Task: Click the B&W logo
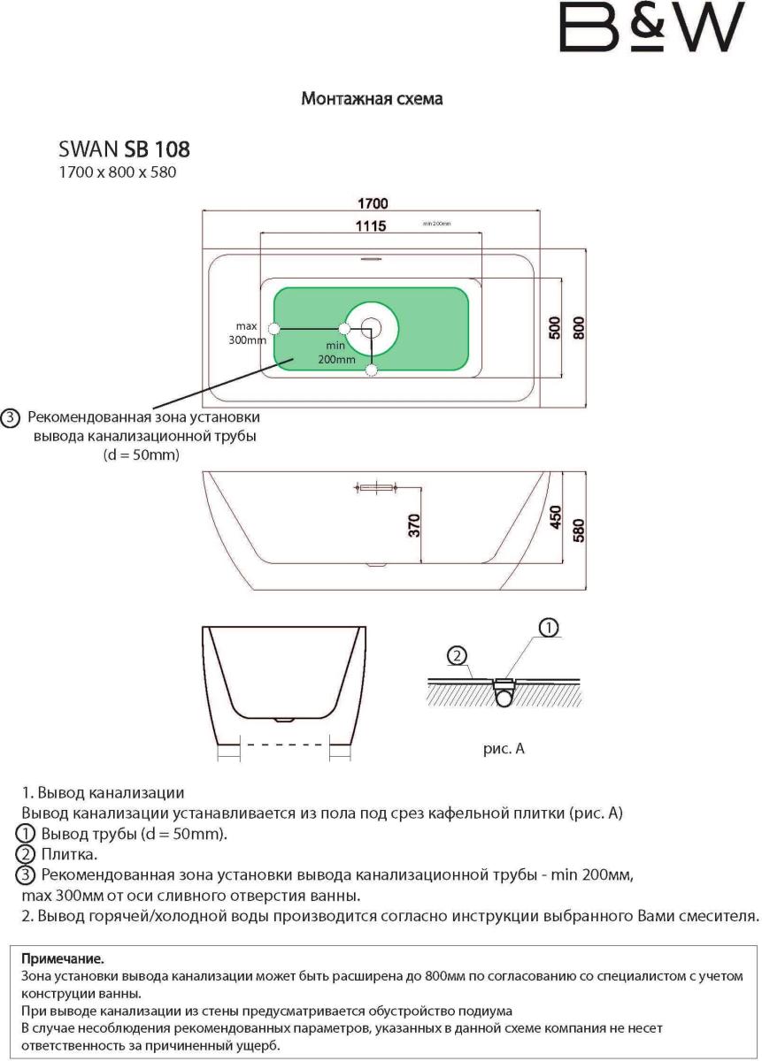tap(650, 27)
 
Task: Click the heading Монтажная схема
tap(372, 99)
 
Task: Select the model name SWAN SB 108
tap(124, 148)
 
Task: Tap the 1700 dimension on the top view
tap(372, 203)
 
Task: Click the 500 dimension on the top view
tap(556, 328)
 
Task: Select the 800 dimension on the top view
tap(580, 328)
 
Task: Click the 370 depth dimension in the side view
tap(413, 525)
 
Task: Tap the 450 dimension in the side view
tap(556, 517)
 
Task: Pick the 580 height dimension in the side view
tap(580, 528)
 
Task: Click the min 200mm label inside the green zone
tap(336, 353)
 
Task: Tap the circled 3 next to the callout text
tap(12, 418)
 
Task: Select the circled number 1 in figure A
tap(548, 628)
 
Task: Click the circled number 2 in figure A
tap(457, 656)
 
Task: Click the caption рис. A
tap(504, 748)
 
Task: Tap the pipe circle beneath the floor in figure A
tap(505, 697)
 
